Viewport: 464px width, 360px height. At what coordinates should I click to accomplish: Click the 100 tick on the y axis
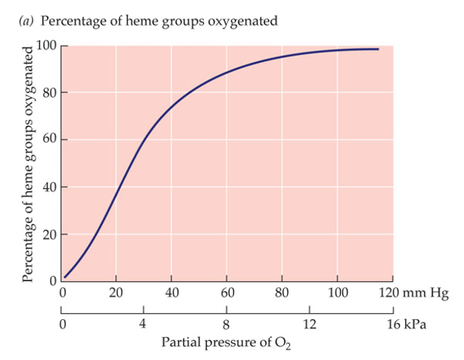(47, 45)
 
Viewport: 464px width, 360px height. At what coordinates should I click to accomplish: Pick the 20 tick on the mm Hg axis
(116, 293)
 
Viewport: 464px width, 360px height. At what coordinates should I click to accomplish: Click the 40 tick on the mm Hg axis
(172, 293)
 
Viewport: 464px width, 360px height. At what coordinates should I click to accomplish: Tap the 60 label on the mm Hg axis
(227, 293)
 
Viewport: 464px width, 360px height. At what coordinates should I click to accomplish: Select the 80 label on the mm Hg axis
(282, 293)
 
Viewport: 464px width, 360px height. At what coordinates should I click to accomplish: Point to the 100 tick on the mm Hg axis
(337, 293)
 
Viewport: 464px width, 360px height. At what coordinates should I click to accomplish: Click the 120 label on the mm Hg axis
(390, 293)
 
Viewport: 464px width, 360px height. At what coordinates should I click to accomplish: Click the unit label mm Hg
(424, 293)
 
